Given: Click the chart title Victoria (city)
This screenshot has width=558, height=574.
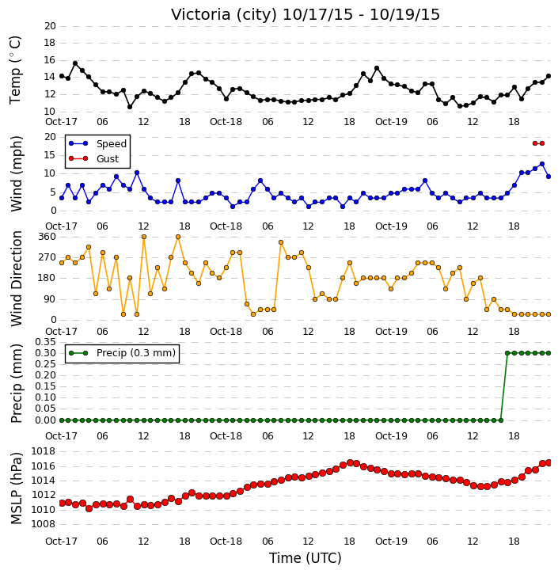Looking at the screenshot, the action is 224,15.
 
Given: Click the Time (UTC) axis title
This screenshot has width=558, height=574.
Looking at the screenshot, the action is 306,558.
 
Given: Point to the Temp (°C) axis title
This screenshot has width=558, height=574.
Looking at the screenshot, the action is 15,70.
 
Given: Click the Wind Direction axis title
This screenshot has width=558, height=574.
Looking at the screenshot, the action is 16,278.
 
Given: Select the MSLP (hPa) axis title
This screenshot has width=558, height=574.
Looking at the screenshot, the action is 16,488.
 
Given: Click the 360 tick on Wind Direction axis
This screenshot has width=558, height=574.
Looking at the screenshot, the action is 47,237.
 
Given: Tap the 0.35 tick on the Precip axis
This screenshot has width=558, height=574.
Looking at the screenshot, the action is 45,342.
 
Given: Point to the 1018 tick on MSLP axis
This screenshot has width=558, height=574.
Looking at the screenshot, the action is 44,451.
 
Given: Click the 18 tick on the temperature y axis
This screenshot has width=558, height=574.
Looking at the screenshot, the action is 50,43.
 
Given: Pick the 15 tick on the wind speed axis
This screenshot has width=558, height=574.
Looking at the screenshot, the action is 50,155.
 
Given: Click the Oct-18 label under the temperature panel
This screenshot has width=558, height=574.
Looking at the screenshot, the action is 226,122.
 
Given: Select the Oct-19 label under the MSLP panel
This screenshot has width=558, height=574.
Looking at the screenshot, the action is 391,541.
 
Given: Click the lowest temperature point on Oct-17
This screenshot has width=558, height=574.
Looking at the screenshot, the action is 130,107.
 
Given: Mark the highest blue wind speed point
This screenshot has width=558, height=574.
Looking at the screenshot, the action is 542,164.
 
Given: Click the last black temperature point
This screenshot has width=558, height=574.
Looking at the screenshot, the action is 549,76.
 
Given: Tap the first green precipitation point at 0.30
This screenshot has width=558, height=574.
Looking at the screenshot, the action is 507,353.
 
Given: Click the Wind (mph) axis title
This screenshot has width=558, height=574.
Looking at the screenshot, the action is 16,173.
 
